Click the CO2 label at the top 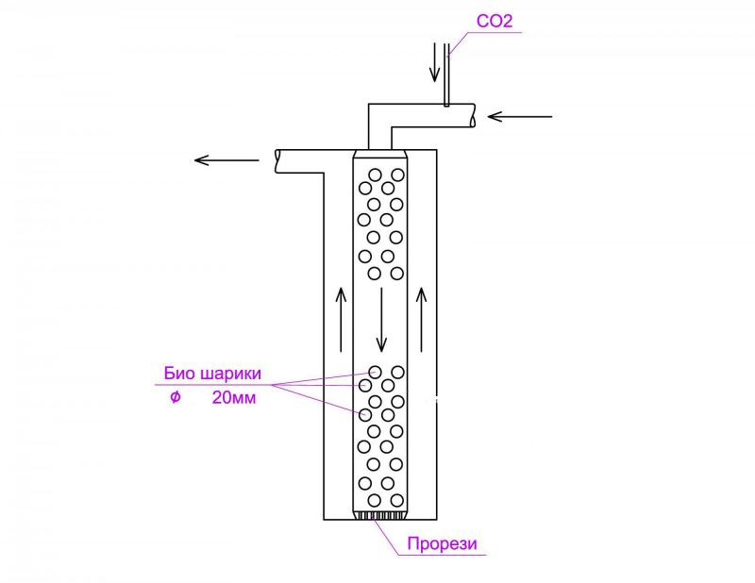(494, 20)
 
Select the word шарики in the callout (228, 373)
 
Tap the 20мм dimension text (234, 398)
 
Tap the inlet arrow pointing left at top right (520, 117)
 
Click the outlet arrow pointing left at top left (226, 159)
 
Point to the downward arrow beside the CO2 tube (435, 61)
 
